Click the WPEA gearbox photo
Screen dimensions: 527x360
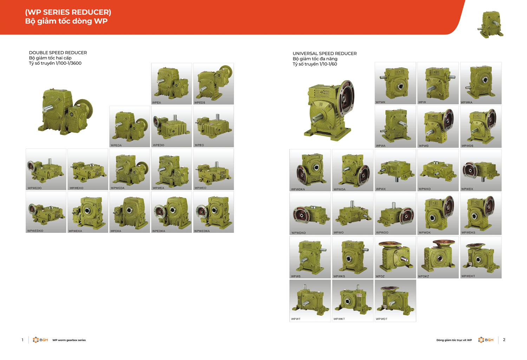click(x=171, y=84)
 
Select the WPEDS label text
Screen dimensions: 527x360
click(x=200, y=103)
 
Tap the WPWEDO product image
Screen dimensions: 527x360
click(x=46, y=169)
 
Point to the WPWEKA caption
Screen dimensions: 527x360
click(x=75, y=231)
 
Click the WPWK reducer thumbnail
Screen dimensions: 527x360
click(x=395, y=83)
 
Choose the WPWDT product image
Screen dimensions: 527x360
click(x=395, y=301)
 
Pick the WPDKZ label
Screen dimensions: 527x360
click(x=423, y=276)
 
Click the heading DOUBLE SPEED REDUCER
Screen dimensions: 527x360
click(x=58, y=53)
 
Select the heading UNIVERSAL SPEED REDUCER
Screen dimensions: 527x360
click(x=325, y=54)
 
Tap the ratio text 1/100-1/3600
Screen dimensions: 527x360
click(x=68, y=63)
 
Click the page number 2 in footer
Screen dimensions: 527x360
click(x=504, y=340)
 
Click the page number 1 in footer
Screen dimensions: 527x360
click(x=22, y=340)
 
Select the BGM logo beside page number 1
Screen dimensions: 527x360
click(x=40, y=340)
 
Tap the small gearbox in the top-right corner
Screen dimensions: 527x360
click(x=490, y=25)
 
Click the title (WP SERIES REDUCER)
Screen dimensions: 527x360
click(x=68, y=12)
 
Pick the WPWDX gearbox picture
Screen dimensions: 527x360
click(x=481, y=170)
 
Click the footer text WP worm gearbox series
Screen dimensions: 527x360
click(x=69, y=340)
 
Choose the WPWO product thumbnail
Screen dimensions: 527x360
click(x=353, y=214)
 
